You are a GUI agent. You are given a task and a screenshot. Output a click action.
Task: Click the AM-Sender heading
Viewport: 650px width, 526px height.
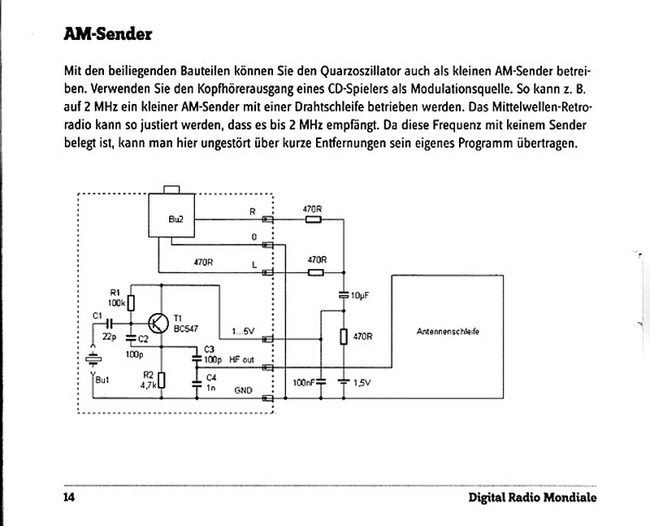click(108, 34)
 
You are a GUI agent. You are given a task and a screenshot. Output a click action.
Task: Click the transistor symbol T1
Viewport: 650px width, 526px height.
click(158, 324)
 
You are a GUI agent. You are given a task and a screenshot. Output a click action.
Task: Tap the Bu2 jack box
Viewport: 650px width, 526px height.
click(171, 215)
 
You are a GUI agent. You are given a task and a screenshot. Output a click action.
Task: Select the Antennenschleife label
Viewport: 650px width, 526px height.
click(448, 332)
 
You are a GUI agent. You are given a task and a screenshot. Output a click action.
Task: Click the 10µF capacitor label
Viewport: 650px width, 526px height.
click(360, 295)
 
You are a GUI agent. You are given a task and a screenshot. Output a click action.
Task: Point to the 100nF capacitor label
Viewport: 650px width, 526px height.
click(303, 382)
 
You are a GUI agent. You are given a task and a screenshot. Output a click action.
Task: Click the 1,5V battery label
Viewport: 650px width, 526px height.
click(362, 383)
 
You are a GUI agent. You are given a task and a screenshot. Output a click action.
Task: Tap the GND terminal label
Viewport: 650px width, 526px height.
click(243, 390)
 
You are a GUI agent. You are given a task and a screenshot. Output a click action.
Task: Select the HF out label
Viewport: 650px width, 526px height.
click(241, 359)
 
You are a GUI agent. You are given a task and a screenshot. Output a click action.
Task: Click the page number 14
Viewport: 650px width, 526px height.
click(69, 497)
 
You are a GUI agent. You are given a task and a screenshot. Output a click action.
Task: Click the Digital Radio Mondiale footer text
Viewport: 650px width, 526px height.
click(533, 498)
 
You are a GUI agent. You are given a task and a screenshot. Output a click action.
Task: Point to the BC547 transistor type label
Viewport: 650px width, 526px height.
click(186, 328)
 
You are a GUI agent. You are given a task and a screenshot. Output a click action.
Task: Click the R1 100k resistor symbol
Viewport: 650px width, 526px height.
click(131, 302)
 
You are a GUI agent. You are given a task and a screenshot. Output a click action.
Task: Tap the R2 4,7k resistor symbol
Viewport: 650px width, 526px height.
click(162, 380)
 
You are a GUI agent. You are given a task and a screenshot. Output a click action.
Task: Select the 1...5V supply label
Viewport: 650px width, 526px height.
click(243, 332)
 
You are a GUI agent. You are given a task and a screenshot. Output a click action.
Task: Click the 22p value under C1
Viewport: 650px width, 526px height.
click(109, 337)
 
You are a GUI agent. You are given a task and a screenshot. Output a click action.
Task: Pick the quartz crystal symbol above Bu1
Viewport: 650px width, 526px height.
click(93, 359)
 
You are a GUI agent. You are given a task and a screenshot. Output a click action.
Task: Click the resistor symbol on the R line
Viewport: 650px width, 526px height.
click(314, 220)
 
